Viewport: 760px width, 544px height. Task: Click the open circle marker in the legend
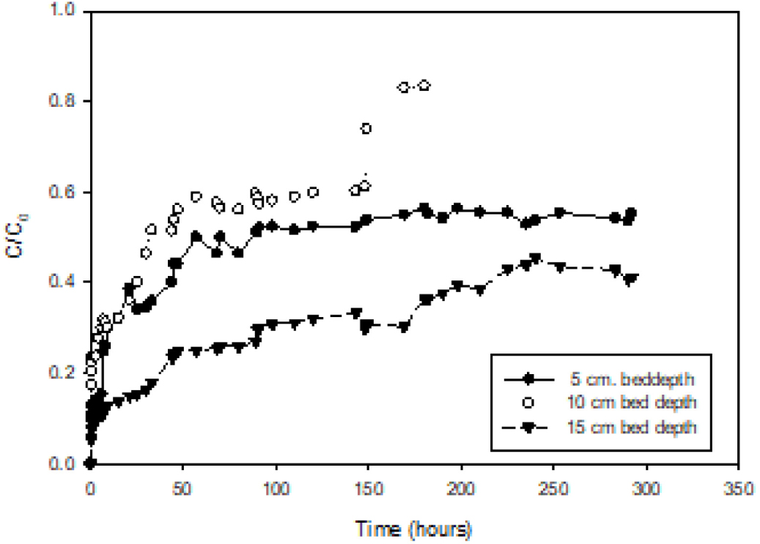pos(525,402)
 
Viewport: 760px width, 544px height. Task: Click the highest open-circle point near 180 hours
pos(424,86)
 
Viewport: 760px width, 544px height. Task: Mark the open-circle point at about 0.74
pos(366,129)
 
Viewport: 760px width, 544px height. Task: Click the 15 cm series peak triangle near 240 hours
pos(535,258)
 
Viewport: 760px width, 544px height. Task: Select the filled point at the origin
pos(90,463)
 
